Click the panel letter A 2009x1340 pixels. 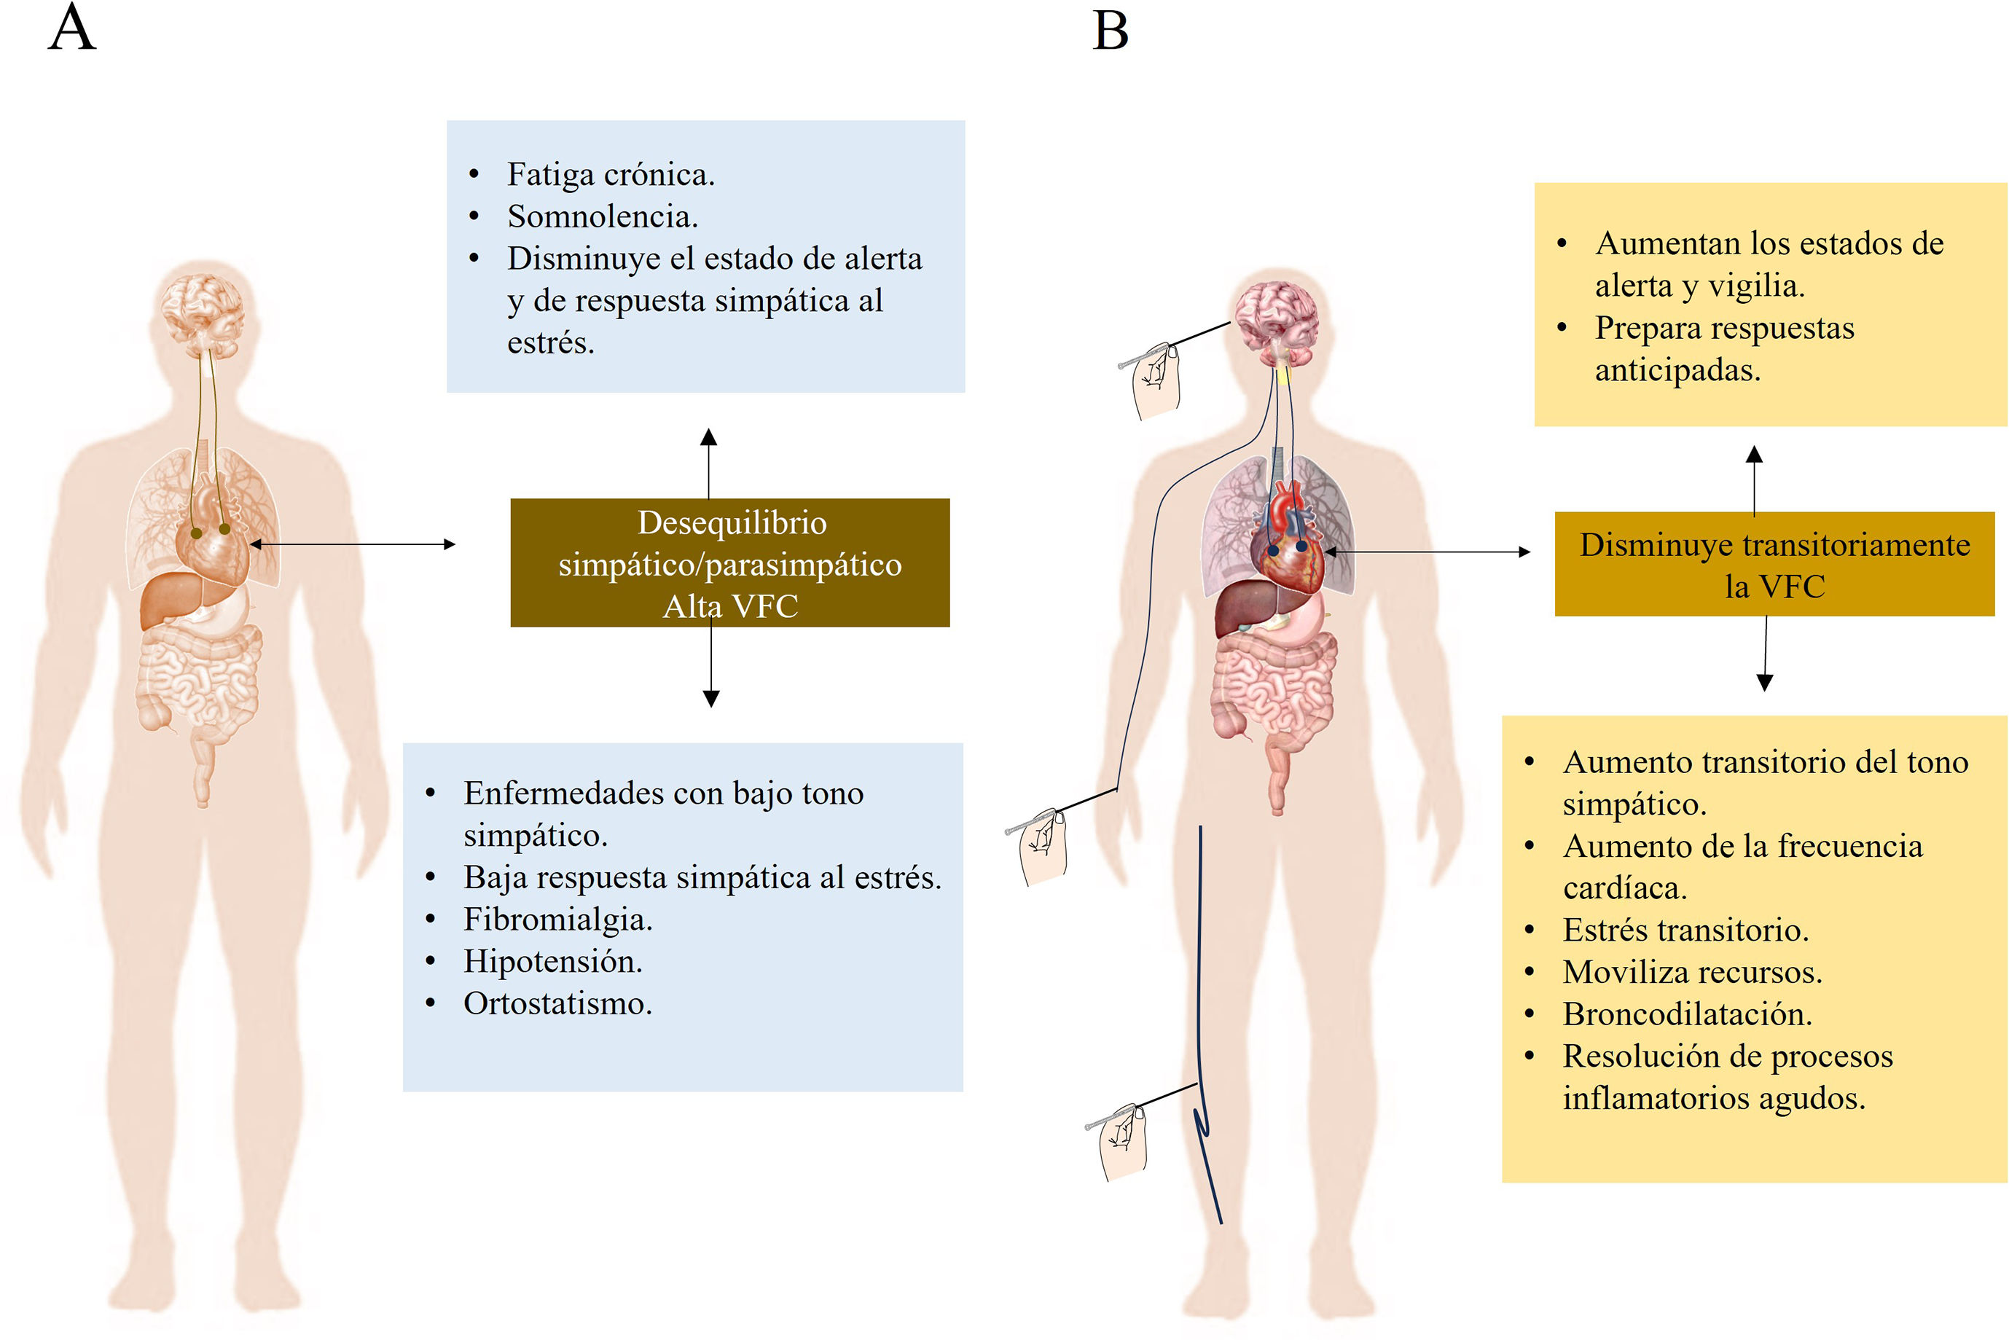(x=72, y=28)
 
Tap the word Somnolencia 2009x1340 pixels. (x=603, y=216)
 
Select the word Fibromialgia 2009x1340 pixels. (x=558, y=920)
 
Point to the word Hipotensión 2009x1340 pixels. (x=553, y=961)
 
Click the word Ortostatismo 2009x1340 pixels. (x=558, y=1003)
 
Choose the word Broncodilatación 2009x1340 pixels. (x=1687, y=1014)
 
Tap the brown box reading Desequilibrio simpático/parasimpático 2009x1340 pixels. (x=729, y=563)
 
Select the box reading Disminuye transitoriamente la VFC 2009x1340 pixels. (x=1774, y=564)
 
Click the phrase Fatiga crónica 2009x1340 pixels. (x=610, y=174)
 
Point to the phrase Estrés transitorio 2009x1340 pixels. (x=1685, y=930)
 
